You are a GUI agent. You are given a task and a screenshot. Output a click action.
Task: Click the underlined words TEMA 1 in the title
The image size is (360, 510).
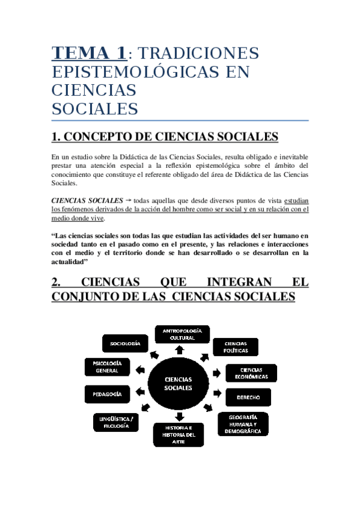[x=90, y=53]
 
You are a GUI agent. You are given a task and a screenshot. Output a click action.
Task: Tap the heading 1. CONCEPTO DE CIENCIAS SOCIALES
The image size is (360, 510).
[x=165, y=137]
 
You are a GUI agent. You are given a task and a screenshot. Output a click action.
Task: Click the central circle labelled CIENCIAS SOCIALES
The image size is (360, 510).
[x=178, y=384]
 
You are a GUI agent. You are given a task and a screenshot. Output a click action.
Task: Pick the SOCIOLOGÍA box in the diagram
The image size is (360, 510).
[x=125, y=343]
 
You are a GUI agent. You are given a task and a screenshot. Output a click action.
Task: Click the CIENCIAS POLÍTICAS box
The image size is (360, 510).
[x=235, y=347]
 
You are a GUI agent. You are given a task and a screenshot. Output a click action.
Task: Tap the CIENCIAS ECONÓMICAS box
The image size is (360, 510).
[x=251, y=373]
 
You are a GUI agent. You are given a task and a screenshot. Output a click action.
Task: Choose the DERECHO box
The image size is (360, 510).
[x=248, y=398]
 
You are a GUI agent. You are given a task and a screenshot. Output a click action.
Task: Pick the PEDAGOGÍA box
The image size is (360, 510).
[x=108, y=394]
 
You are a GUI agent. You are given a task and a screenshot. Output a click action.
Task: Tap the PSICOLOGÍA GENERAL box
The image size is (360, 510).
[x=108, y=367]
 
